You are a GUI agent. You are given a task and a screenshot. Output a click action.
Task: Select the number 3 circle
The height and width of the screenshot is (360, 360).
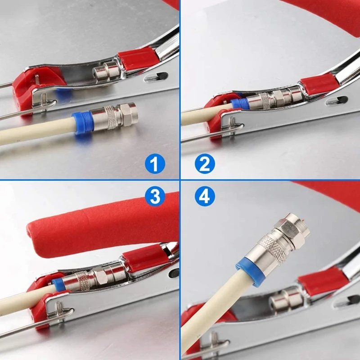click(155, 196)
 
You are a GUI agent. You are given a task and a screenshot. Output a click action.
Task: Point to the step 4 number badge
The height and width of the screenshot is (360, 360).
click(205, 196)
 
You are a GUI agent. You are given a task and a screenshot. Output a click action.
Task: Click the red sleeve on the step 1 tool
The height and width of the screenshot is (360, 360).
click(138, 59)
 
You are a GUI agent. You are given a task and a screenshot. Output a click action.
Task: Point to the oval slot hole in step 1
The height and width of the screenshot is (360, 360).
click(156, 77)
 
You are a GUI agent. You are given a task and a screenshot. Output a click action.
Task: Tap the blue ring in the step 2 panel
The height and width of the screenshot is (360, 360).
click(240, 104)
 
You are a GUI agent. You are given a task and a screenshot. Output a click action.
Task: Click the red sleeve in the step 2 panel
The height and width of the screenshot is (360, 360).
click(319, 84)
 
